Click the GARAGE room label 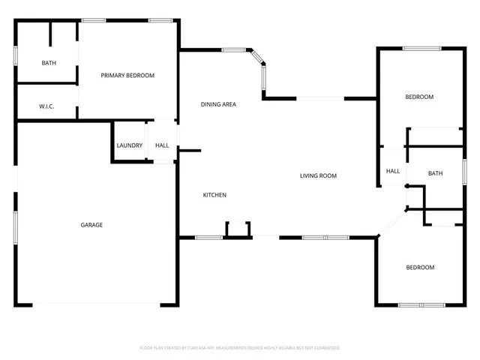point(92,225)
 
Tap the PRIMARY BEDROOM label point(127,76)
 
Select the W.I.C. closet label point(46,106)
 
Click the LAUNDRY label point(130,145)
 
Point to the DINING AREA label point(218,104)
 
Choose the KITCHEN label point(214,195)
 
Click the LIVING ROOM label point(318,176)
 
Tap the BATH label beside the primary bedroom point(49,63)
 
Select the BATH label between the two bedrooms point(435,174)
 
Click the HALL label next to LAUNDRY point(162,145)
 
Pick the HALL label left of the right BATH point(393,171)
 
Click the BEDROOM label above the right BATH point(419,97)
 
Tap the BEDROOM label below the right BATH point(420,268)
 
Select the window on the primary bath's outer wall point(16,58)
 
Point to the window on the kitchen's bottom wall point(209,238)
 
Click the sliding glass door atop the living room point(320,97)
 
